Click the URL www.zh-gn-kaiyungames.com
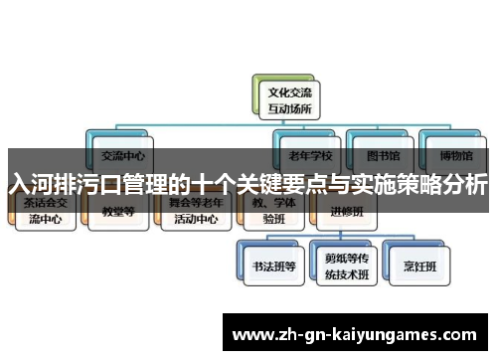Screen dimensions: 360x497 coord(355,334)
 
